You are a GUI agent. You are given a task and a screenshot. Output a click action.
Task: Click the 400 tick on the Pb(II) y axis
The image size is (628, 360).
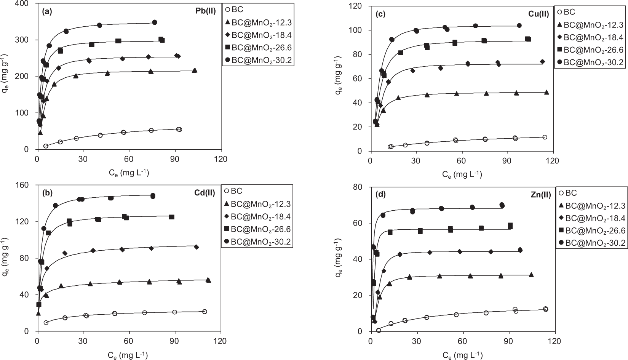27,4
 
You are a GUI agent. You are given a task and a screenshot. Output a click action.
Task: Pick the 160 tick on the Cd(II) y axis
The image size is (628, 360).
27,185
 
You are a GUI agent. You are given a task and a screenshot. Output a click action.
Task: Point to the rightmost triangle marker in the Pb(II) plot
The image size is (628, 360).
195,70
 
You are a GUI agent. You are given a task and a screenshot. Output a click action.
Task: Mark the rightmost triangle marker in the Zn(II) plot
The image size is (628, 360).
531,274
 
